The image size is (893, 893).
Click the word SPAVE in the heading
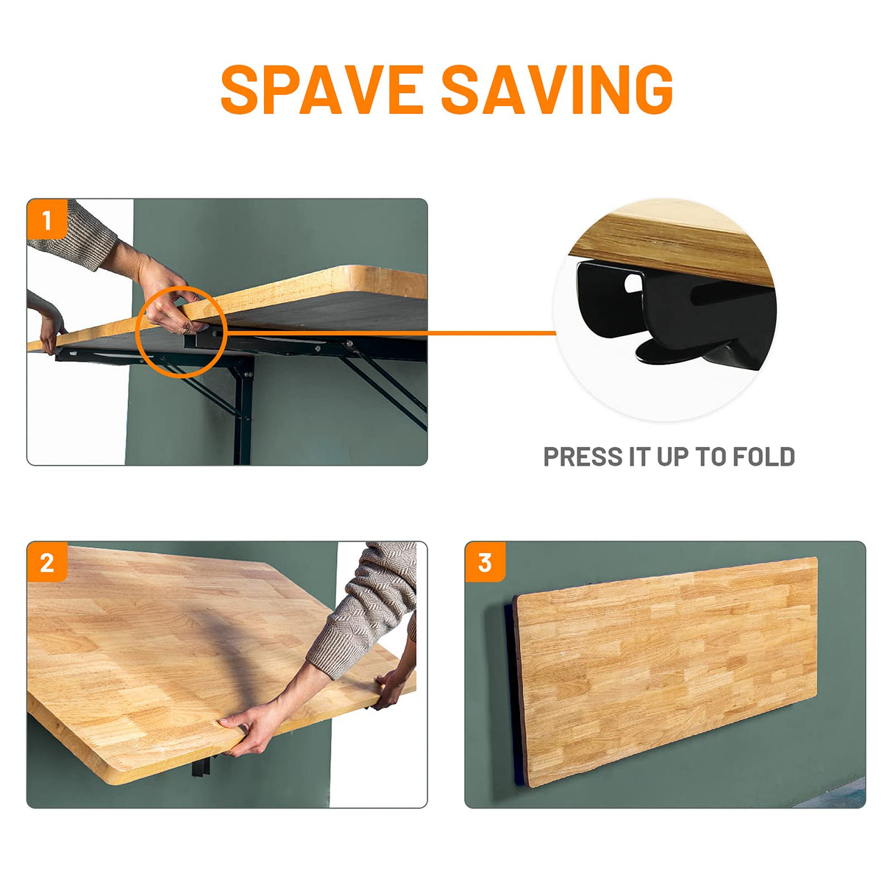coord(322,90)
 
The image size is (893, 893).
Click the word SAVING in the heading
coord(558,90)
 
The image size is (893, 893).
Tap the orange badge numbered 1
coord(47,220)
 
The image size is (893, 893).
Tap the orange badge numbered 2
coord(47,562)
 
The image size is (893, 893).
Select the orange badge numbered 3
coord(485,562)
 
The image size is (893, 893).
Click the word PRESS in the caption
coord(583,457)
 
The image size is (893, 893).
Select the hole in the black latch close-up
coord(633,283)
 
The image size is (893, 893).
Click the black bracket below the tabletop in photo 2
coord(201,764)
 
